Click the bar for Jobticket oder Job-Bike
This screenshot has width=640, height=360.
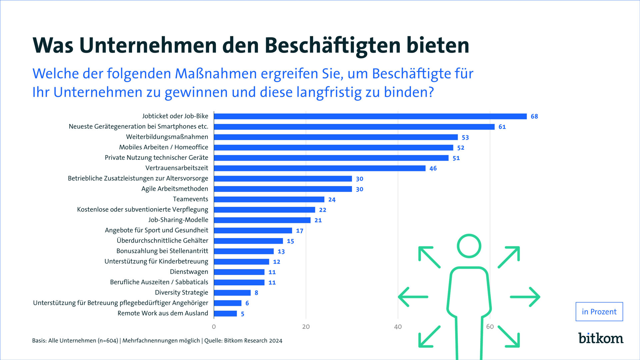click(x=370, y=116)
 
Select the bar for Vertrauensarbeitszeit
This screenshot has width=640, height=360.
click(x=319, y=168)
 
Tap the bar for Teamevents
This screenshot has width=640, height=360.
click(x=269, y=199)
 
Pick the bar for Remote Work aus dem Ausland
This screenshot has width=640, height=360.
click(x=225, y=314)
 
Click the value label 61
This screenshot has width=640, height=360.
click(x=502, y=127)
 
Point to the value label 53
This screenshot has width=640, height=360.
click(x=465, y=137)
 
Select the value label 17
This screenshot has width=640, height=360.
click(x=300, y=231)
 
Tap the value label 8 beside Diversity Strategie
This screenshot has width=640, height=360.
click(x=256, y=293)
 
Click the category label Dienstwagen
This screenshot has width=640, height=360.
click(x=189, y=272)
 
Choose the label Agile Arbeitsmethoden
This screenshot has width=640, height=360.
click(x=175, y=189)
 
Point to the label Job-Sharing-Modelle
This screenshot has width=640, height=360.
click(x=178, y=220)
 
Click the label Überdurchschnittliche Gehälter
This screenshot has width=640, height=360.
click(x=162, y=240)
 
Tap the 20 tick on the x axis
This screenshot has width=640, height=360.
click(x=306, y=327)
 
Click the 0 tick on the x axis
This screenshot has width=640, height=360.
click(x=214, y=327)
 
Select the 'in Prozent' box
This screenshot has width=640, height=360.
click(x=599, y=312)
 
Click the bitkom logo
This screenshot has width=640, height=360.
click(x=601, y=338)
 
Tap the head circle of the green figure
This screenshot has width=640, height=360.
click(x=469, y=246)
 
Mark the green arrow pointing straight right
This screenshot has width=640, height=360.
click(x=525, y=297)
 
